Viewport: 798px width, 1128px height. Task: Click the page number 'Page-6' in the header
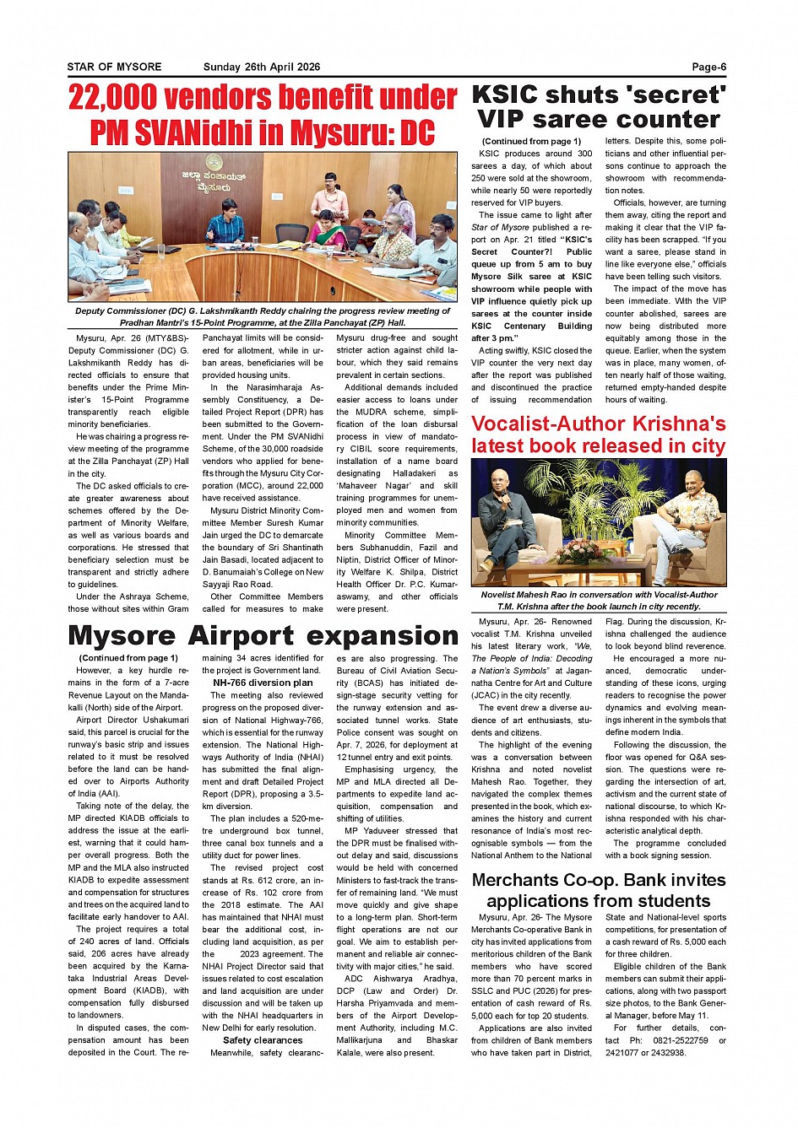tap(708, 67)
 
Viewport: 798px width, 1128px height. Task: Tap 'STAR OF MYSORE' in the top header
tap(114, 67)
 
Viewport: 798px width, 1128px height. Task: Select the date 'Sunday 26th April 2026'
tap(262, 67)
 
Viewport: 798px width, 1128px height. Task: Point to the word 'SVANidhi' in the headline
tap(228, 133)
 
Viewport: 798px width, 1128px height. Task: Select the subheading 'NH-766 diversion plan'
tap(263, 683)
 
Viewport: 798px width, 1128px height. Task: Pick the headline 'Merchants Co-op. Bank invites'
tap(599, 880)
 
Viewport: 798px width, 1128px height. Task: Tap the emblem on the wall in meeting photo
tap(214, 161)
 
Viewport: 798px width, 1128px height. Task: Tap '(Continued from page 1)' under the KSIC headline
tap(531, 141)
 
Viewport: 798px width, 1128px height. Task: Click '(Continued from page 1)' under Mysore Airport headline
tap(128, 658)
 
